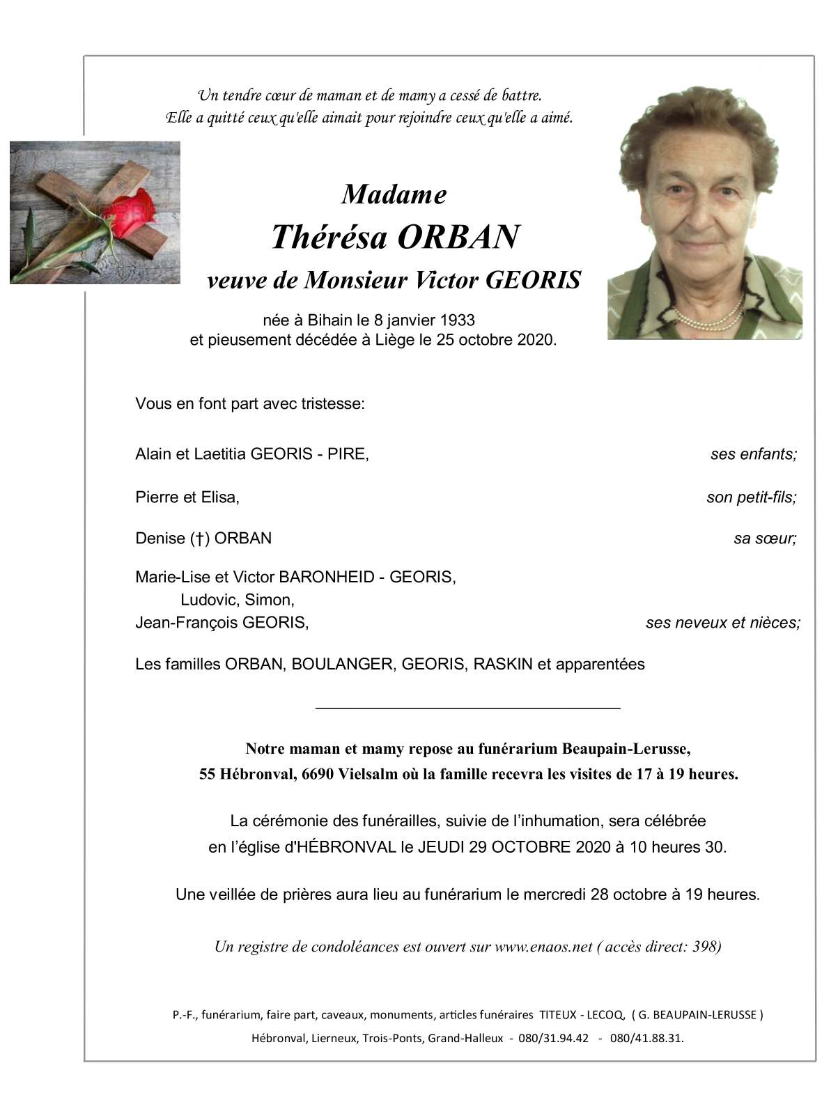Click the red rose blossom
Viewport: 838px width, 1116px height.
[x=131, y=208]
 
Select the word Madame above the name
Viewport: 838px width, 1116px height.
[x=394, y=194]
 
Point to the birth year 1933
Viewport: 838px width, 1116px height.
[x=457, y=320]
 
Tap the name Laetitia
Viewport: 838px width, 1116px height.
[x=219, y=455]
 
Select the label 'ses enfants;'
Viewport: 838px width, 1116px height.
[x=753, y=455]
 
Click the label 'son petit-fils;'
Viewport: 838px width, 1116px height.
[x=751, y=497]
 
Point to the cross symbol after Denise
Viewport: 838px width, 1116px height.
[x=199, y=538]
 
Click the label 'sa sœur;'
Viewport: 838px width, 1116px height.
[x=764, y=538]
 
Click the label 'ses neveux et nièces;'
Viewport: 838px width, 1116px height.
[x=722, y=623]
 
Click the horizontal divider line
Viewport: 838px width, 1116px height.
[x=467, y=708]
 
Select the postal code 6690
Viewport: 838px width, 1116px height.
[x=317, y=774]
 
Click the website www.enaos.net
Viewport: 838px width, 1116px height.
[x=543, y=947]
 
